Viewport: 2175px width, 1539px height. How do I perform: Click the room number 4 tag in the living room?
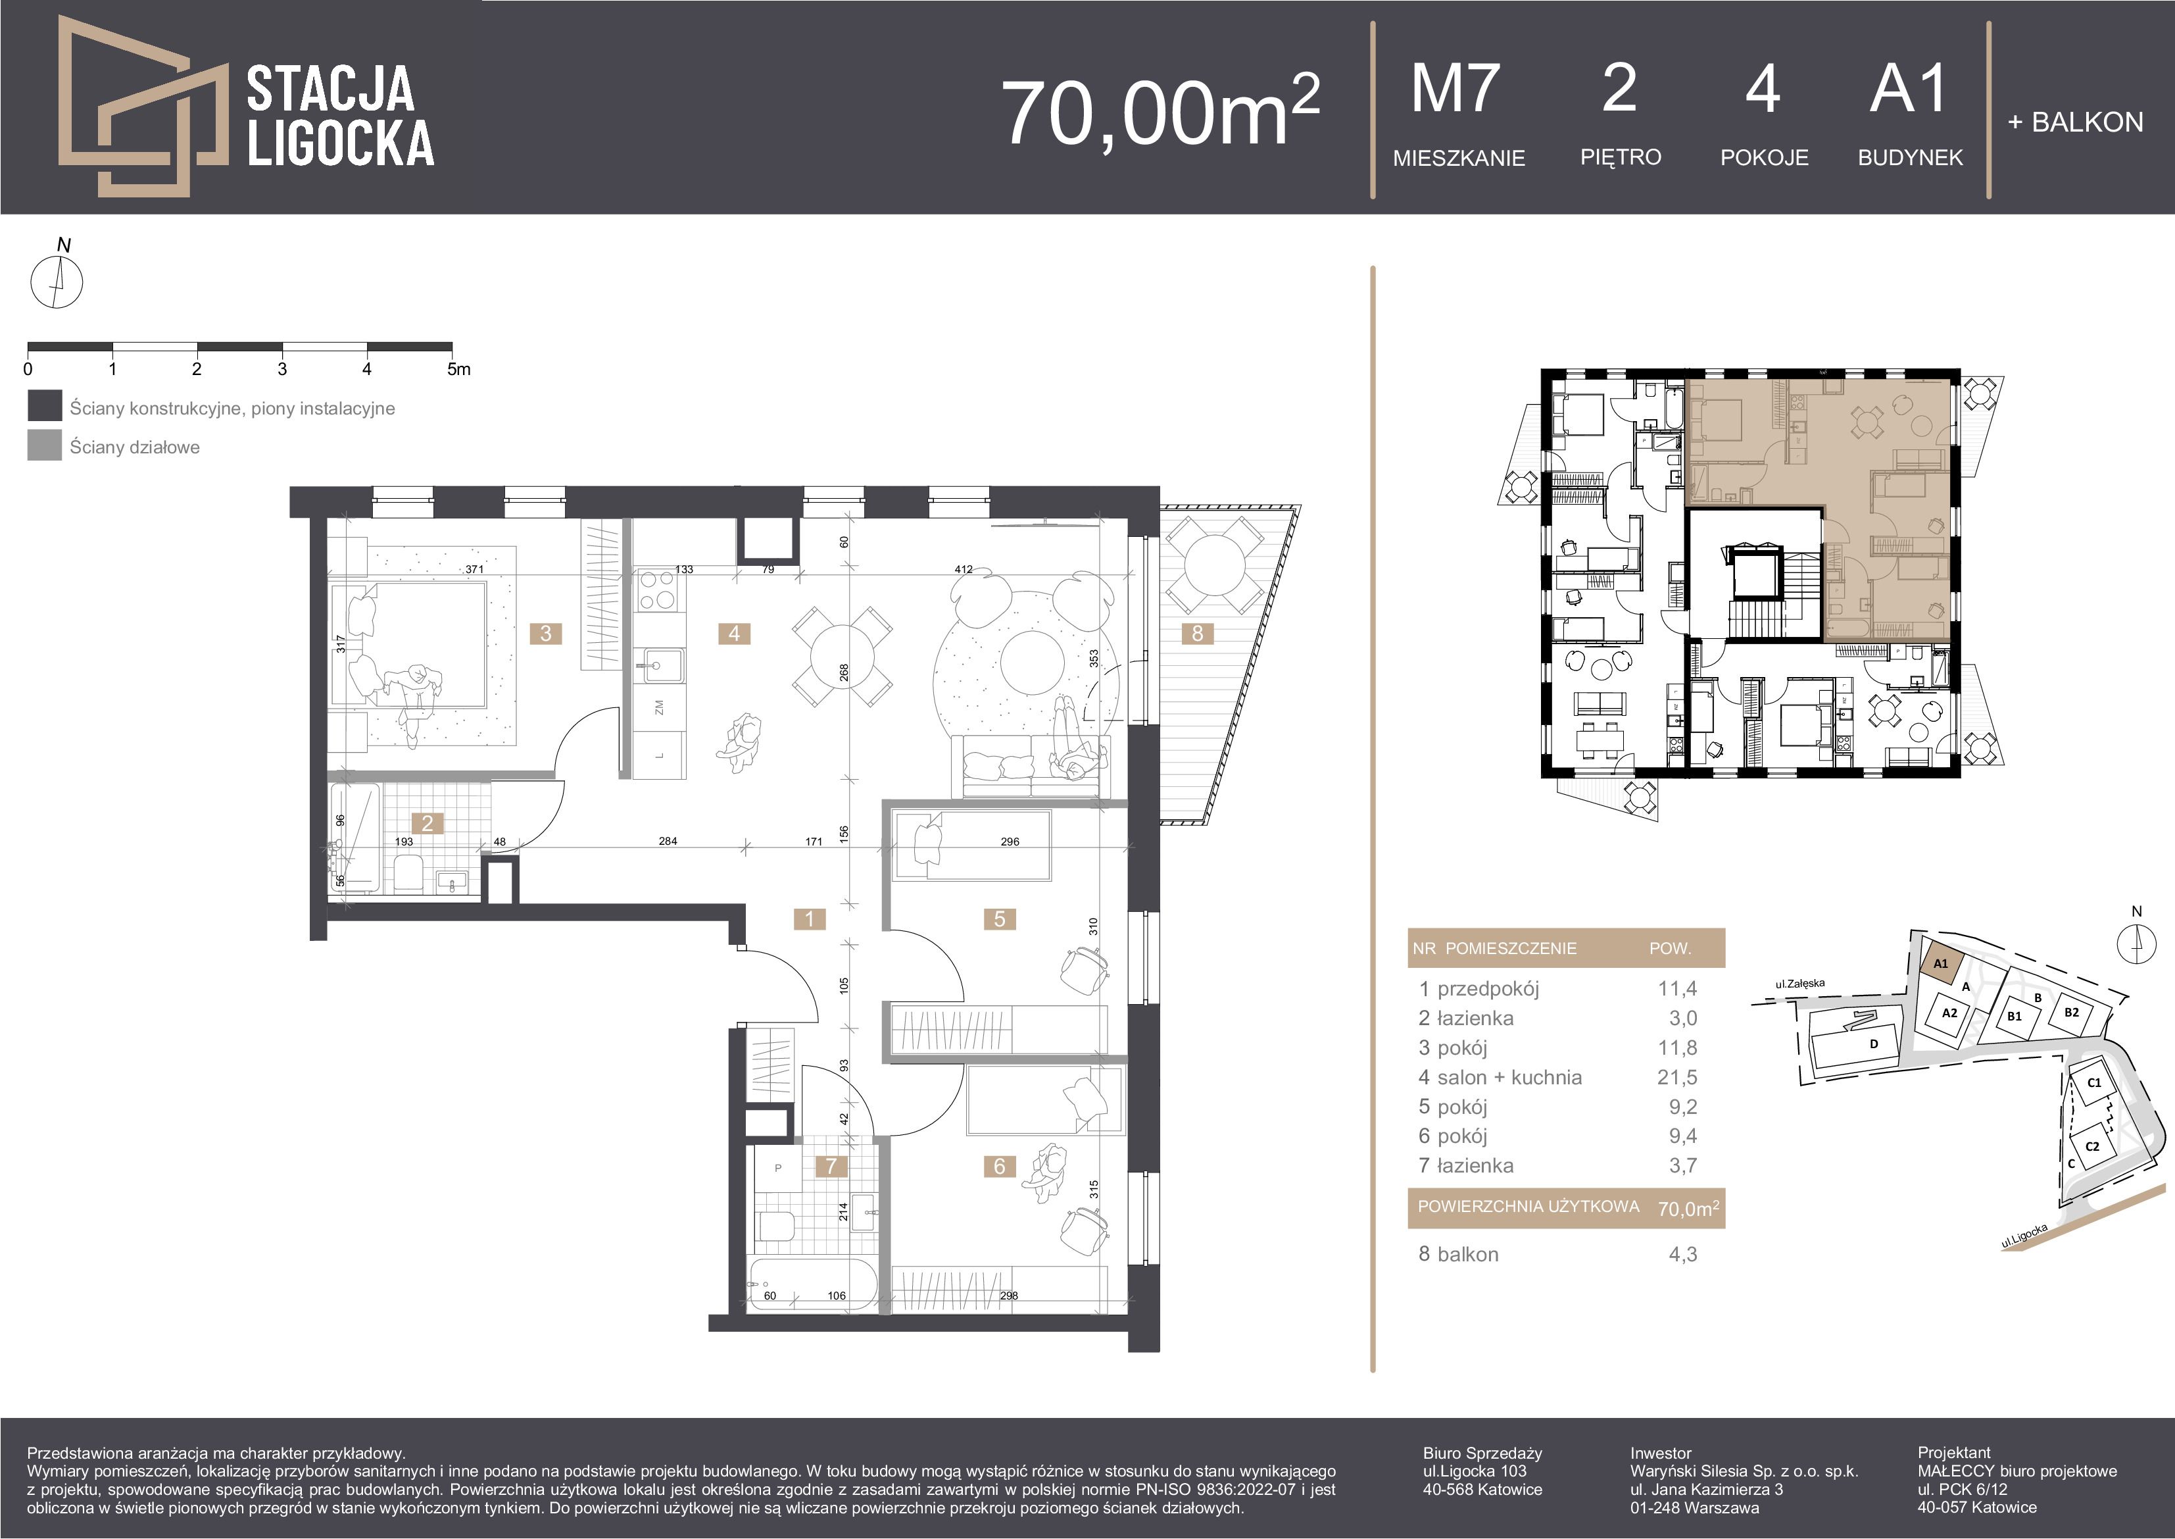coord(734,633)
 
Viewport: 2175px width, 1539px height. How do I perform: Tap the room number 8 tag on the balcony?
coord(1198,633)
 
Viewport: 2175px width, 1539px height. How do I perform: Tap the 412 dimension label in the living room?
coord(964,570)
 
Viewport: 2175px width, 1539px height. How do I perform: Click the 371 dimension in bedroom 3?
coord(475,570)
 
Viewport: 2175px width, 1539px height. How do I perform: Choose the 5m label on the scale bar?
coord(458,368)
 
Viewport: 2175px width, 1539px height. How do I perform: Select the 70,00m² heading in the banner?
coord(1160,111)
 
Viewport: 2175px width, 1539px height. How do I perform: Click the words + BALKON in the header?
coord(2074,122)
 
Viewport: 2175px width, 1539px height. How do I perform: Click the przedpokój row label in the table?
coord(1488,988)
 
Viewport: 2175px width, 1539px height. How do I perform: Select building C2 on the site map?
coord(2093,1146)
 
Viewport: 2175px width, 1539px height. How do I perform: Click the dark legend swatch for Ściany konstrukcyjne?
coord(45,407)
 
